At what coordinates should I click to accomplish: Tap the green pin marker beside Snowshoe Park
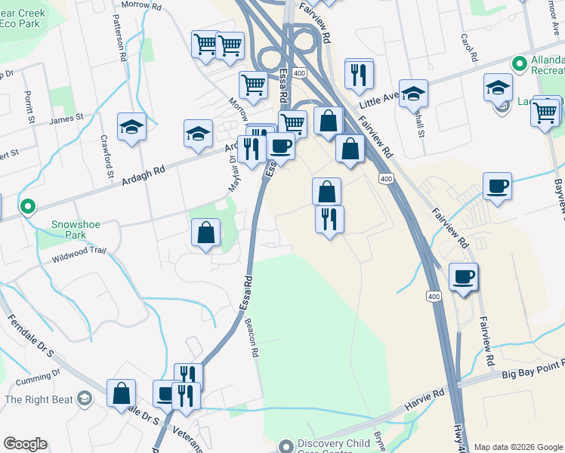pos(28,205)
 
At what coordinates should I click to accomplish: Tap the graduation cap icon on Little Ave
pos(413,94)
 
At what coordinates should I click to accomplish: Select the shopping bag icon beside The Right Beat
pos(121,393)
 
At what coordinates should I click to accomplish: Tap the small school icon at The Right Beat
pos(85,398)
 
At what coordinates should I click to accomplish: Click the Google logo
pos(25,444)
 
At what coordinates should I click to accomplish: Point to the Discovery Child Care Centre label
pos(335,443)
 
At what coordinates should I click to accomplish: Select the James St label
pos(66,119)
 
